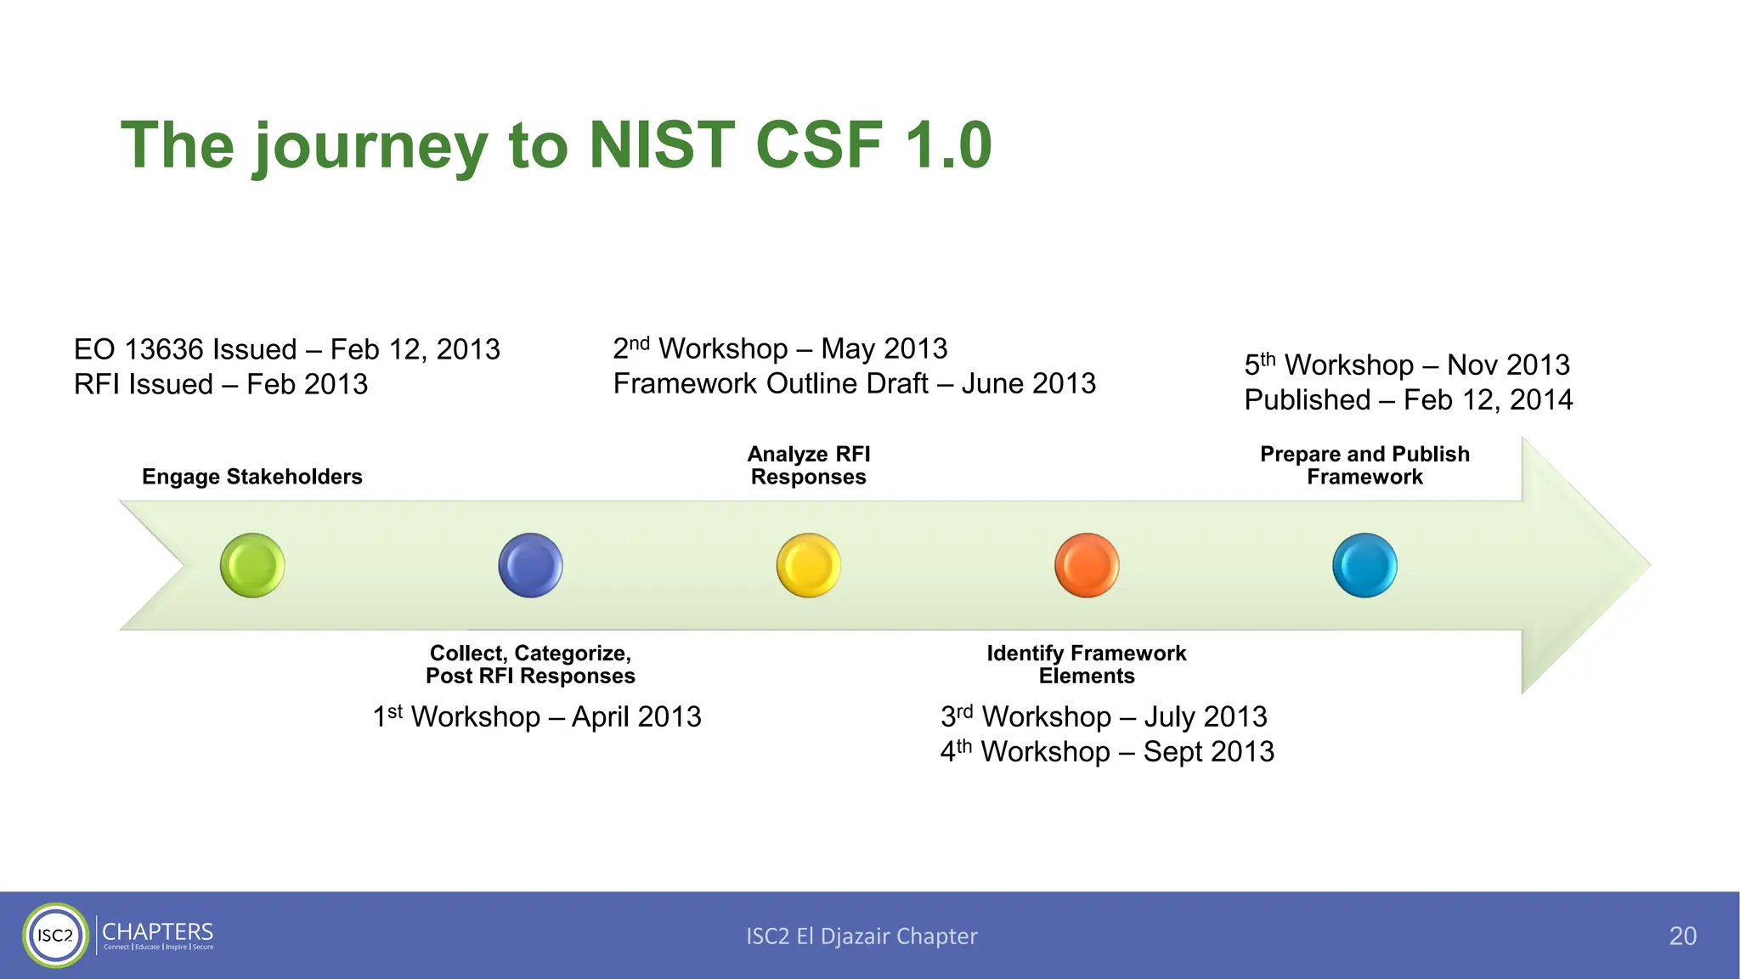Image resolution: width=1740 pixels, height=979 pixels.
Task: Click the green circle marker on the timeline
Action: [x=252, y=565]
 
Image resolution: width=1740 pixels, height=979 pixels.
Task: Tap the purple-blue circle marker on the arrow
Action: [x=530, y=565]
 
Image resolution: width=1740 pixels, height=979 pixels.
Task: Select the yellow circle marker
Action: [x=809, y=565]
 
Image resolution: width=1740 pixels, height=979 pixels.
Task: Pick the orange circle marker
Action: [x=1087, y=565]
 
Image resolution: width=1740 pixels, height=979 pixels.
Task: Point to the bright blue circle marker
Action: [x=1364, y=565]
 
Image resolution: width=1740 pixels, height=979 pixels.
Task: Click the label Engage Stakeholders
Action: [x=252, y=477]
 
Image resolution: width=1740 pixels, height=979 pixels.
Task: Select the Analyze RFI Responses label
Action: [x=809, y=466]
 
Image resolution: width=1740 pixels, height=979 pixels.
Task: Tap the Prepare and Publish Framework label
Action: [x=1364, y=466]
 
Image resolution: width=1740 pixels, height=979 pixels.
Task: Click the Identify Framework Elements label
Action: [x=1087, y=665]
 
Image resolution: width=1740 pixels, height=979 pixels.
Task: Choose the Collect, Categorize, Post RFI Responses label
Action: [x=530, y=665]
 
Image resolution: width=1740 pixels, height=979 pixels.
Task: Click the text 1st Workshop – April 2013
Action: [x=537, y=717]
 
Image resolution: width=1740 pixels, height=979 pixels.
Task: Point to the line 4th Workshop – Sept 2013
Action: [x=1107, y=752]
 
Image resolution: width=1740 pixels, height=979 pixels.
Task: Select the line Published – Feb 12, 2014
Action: [x=1408, y=400]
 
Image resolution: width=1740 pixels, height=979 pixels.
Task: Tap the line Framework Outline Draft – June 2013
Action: [x=854, y=384]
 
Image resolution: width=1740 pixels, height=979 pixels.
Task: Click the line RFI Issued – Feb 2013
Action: [x=221, y=385]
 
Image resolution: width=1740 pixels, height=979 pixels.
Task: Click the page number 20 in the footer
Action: [x=1682, y=936]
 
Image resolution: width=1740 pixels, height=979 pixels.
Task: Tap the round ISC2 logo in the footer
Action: [x=55, y=936]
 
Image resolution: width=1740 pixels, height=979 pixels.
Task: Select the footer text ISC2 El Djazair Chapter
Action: [x=862, y=937]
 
